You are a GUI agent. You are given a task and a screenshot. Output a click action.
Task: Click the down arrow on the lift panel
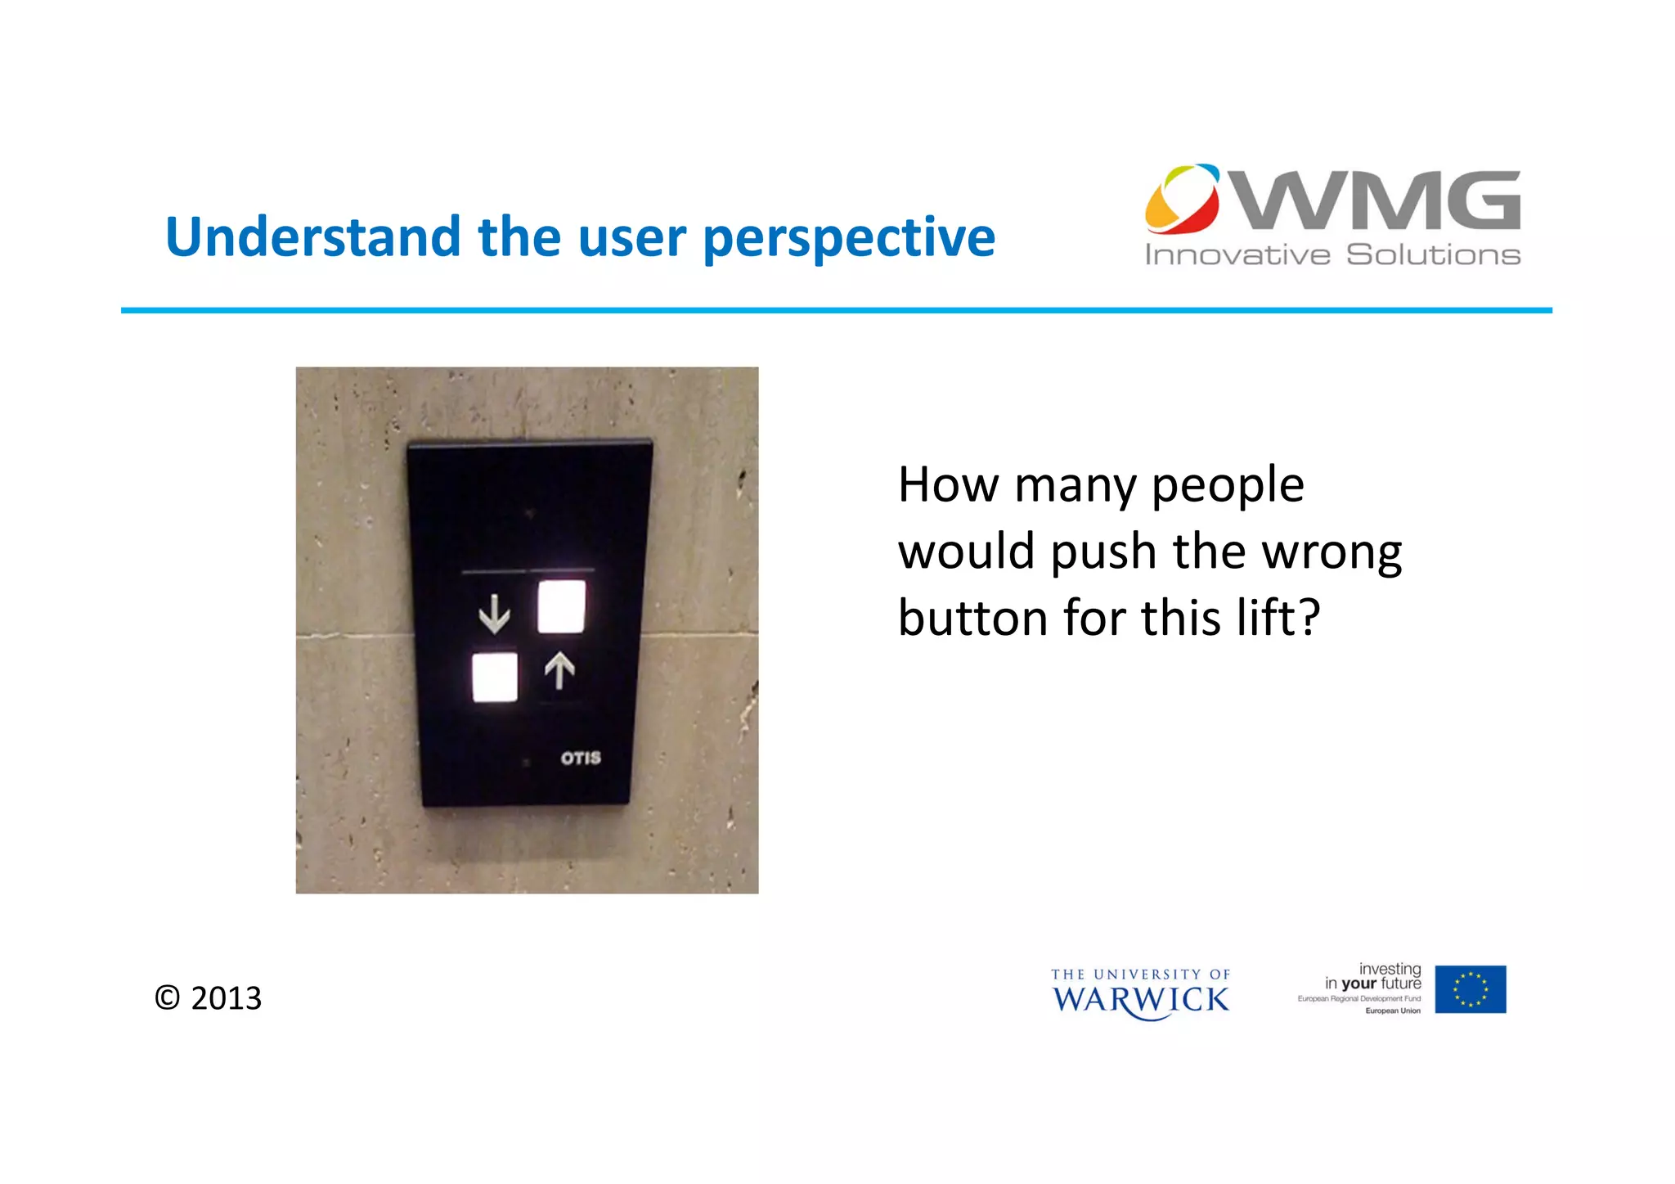click(494, 614)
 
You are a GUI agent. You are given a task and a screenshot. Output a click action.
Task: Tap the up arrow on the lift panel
click(559, 671)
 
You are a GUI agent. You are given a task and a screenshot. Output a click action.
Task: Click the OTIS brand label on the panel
click(581, 759)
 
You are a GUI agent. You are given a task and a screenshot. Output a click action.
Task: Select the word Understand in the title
click(313, 237)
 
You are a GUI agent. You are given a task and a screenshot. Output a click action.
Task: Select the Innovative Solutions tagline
click(1332, 255)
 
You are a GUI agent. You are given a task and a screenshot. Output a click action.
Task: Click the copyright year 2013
click(226, 998)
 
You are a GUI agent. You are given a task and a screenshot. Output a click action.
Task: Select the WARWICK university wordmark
click(1140, 1000)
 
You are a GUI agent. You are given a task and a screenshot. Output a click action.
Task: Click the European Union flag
click(1470, 989)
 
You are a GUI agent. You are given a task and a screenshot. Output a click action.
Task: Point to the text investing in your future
click(1373, 976)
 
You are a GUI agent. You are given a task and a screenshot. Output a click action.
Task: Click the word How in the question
click(947, 484)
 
